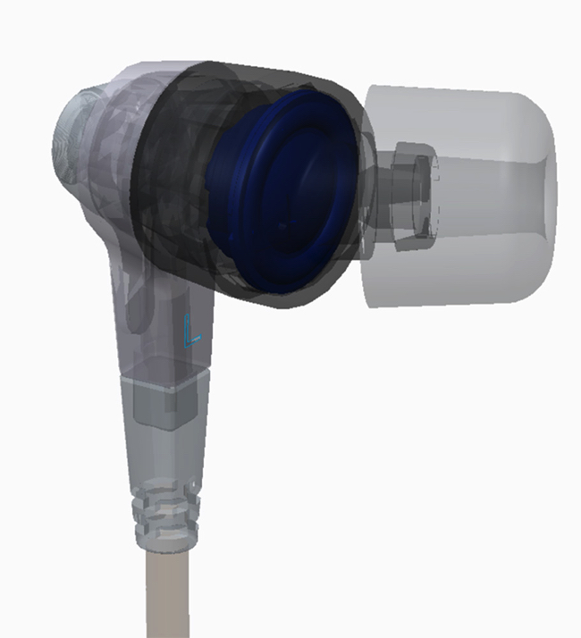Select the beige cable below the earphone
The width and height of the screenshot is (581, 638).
168,594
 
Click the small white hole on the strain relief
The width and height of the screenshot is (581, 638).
194,485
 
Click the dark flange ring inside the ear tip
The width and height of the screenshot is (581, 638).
416,195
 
